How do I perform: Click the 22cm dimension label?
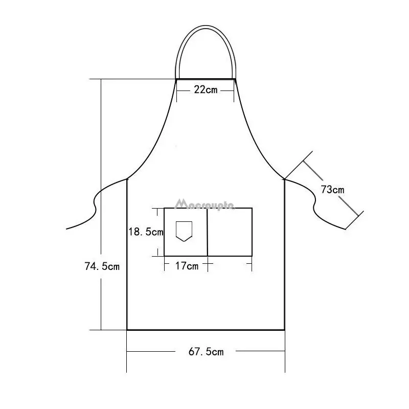pos(206,90)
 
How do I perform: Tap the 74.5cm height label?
pos(102,266)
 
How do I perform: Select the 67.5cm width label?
pos(206,352)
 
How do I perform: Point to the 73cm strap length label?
pos(332,190)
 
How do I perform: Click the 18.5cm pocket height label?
pos(146,232)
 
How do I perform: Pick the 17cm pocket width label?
pos(186,265)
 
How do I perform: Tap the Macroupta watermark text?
pos(205,205)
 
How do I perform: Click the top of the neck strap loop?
pos(206,25)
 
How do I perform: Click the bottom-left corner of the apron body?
pos(127,330)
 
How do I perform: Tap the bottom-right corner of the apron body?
pos(284,330)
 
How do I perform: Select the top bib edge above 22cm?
pos(206,79)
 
